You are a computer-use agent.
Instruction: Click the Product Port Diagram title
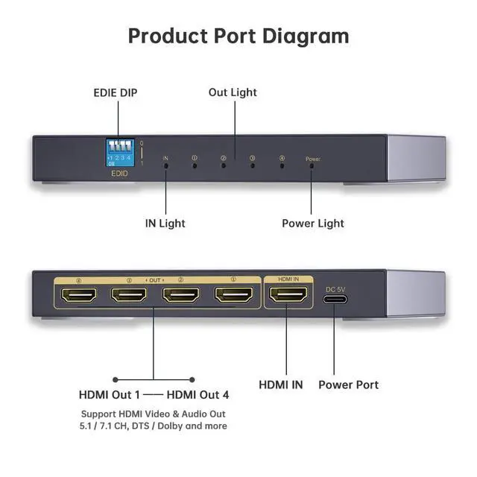[238, 35]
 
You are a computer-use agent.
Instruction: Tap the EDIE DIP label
[115, 93]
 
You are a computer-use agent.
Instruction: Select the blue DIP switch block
[119, 153]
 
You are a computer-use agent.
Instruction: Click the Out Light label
[233, 92]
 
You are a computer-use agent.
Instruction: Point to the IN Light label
[165, 223]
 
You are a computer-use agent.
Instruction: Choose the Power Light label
[313, 223]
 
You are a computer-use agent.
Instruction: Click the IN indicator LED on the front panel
[166, 165]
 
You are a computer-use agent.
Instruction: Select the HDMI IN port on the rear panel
[287, 295]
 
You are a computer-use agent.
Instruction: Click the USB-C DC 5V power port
[335, 299]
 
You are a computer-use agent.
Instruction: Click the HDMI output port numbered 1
[233, 295]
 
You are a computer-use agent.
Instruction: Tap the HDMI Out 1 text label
[110, 394]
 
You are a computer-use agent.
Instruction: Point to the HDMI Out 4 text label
[198, 394]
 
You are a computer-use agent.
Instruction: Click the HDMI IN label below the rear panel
[281, 385]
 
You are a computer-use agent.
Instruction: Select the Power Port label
[348, 385]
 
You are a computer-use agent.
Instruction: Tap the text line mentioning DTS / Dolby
[154, 426]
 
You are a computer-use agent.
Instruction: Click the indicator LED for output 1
[195, 165]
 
